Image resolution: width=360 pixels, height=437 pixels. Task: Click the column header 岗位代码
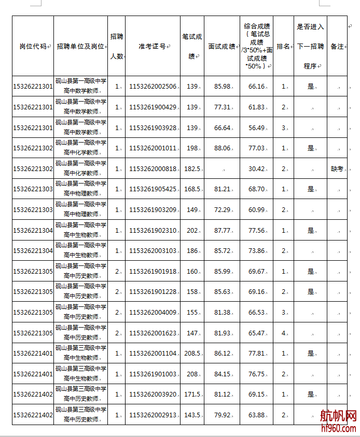tap(33, 46)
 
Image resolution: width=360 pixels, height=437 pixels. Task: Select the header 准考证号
tap(152, 46)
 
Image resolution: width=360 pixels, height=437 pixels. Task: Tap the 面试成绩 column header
tap(221, 46)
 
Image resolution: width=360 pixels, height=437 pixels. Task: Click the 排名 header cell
tap(283, 46)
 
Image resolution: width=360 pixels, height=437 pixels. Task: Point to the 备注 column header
tap(337, 46)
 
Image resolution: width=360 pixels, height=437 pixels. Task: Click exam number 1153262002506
tap(153, 87)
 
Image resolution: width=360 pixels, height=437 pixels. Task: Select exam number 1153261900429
tap(153, 107)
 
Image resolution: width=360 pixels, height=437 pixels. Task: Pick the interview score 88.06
tap(222, 148)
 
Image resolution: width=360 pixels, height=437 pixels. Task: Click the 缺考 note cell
tap(337, 169)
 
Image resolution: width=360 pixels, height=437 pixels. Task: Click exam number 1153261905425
tap(153, 189)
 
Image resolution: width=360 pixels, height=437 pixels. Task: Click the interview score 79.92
tap(222, 415)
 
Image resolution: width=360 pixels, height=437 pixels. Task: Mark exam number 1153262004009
tap(153, 313)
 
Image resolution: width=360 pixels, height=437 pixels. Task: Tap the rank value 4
tap(283, 333)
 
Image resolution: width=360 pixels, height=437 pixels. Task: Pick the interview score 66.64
tap(222, 128)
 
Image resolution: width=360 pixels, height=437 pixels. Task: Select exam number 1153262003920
tap(153, 394)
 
